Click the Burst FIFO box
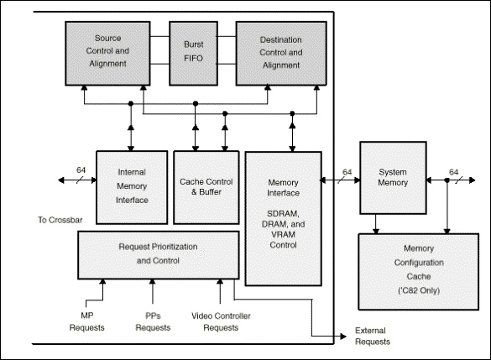point(194,53)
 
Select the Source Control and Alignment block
point(107,53)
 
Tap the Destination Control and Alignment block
point(281,53)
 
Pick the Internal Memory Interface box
point(132,187)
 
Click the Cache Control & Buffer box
point(206,187)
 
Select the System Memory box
point(393,178)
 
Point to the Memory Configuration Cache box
point(419,272)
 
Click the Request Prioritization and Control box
point(159,255)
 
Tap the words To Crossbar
point(60,220)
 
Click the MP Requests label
point(86,321)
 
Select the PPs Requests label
point(153,321)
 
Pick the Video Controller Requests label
point(221,321)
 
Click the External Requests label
point(373,336)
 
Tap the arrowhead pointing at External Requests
point(343,337)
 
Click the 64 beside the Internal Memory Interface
point(81,170)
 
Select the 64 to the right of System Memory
point(454,172)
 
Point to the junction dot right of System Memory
point(447,180)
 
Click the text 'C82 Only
point(419,290)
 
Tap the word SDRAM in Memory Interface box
point(283,213)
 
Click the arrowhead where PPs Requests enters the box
point(153,282)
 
